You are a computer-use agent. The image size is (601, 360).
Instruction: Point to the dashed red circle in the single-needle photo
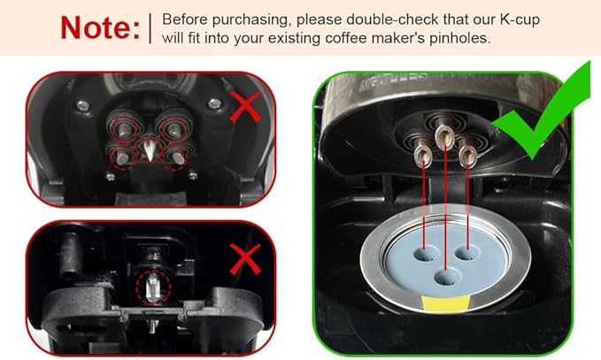pos(151,287)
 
